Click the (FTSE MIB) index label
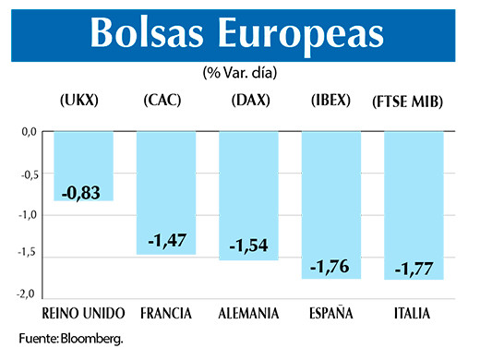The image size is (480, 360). (409, 101)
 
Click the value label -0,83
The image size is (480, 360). (83, 194)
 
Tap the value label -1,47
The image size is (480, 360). (166, 241)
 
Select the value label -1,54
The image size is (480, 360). (249, 248)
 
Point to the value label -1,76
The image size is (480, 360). (330, 267)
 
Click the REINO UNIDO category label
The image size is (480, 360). (84, 314)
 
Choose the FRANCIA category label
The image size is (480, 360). (166, 314)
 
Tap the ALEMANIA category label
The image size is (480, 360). (248, 314)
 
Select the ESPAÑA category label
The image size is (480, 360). (330, 314)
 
